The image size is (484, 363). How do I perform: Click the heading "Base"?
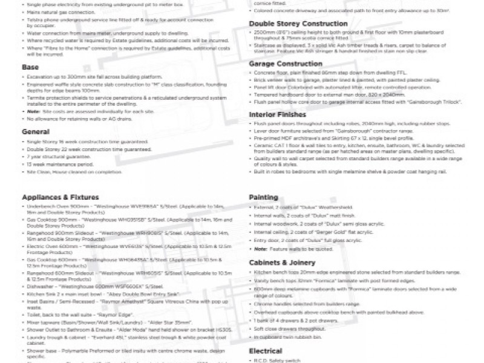(30, 67)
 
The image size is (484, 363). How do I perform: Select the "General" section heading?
(36, 131)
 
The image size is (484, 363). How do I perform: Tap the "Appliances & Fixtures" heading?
(60, 197)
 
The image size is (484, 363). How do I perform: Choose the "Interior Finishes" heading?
(278, 114)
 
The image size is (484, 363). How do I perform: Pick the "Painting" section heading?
(264, 197)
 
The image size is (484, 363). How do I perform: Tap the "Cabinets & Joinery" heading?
(282, 263)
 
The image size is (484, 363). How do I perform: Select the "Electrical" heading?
(266, 351)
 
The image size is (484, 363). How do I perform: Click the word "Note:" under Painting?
(261, 249)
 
